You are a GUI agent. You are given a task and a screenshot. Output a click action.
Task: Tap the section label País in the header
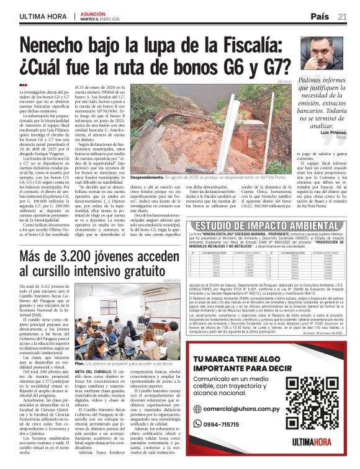(320, 16)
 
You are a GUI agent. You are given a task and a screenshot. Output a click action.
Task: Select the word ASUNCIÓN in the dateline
(94, 12)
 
